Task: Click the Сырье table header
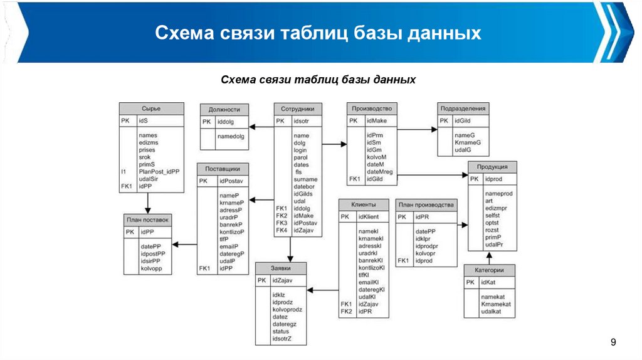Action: [151, 108]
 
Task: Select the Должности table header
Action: [224, 109]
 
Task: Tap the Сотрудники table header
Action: [297, 108]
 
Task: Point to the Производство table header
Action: [372, 108]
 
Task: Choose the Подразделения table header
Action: [463, 108]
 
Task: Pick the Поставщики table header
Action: [223, 169]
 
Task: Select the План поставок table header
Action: [148, 220]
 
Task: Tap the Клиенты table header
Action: [363, 205]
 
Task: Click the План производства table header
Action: [426, 205]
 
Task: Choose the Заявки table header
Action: [280, 268]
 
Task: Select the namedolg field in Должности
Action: [231, 136]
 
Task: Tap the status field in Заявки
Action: [280, 331]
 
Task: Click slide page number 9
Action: [613, 342]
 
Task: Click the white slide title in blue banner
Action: [318, 33]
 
